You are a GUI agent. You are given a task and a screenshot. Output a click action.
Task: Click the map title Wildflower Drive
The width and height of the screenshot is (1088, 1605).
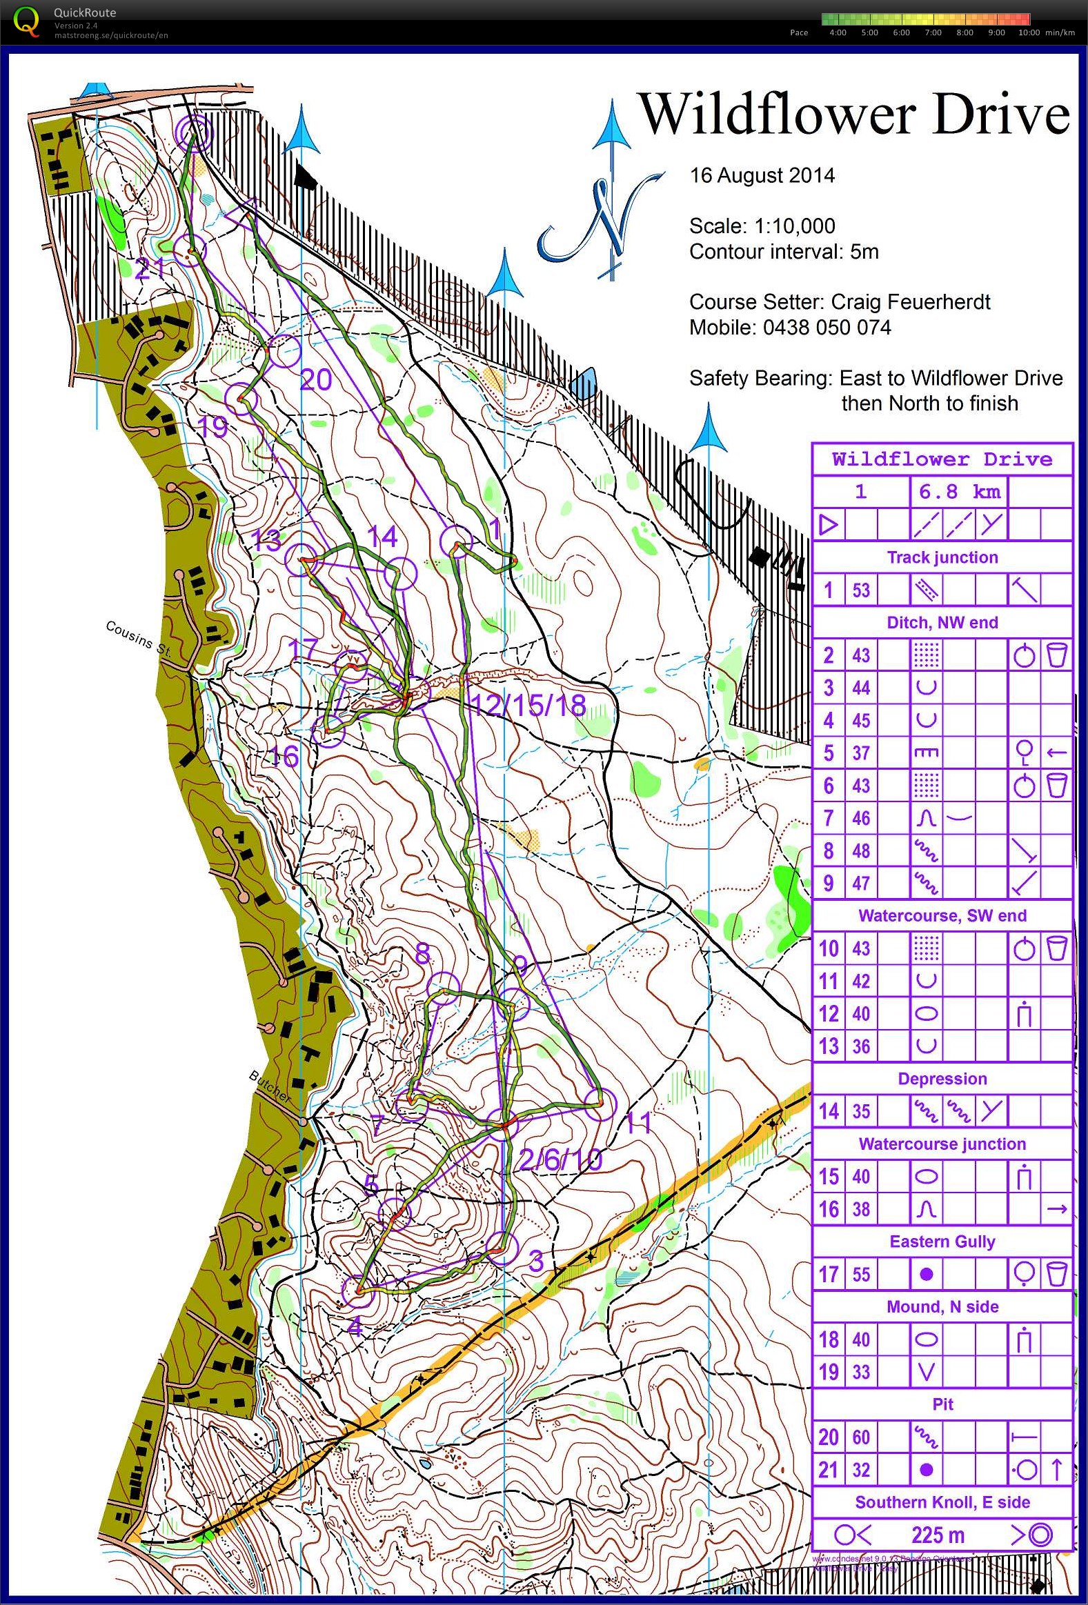855,114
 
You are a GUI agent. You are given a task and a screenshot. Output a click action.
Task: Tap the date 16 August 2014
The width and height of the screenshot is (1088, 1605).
762,175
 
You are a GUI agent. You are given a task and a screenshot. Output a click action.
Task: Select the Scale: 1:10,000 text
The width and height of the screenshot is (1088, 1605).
762,226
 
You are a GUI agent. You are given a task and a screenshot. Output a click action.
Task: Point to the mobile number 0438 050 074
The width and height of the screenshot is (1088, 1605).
827,328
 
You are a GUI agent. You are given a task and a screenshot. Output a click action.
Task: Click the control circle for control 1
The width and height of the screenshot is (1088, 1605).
456,541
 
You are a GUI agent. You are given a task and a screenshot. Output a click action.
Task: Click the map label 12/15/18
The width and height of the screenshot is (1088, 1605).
528,705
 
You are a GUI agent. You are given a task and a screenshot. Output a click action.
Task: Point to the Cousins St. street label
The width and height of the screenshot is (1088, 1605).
138,637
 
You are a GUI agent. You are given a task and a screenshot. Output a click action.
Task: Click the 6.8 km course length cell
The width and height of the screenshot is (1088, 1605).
959,492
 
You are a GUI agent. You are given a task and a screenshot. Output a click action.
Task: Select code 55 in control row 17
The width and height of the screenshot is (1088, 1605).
861,1274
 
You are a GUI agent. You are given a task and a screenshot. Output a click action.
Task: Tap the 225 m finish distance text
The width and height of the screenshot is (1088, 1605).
938,1535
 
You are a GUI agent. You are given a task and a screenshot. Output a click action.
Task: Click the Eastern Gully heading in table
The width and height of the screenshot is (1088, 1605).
942,1241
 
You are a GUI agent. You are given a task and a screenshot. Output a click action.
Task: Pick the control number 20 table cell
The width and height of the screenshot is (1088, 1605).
829,1437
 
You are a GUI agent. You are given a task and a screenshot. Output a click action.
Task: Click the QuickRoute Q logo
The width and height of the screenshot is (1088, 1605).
26,21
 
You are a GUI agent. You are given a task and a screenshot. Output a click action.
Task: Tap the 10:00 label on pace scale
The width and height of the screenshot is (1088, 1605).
1029,32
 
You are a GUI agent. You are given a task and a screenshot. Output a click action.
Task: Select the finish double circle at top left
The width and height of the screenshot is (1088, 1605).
192,130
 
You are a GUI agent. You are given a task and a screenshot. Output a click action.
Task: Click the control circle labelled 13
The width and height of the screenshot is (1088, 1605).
303,559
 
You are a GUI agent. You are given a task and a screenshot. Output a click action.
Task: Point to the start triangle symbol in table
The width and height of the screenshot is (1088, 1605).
829,525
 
